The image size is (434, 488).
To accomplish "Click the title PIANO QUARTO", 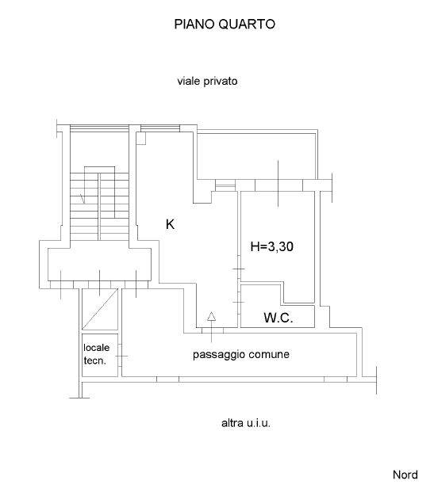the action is pyautogui.click(x=225, y=25).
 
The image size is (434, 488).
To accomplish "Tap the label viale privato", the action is pyautogui.click(x=207, y=82).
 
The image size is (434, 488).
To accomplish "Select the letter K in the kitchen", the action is pyautogui.click(x=171, y=224).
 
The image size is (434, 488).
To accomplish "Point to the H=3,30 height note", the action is pyautogui.click(x=272, y=247).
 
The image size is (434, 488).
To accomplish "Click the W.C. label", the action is pyautogui.click(x=278, y=318).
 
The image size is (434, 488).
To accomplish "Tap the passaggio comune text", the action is pyautogui.click(x=241, y=354).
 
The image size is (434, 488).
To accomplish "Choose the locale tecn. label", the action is pyautogui.click(x=96, y=354).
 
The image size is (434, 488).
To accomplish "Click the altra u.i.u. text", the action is pyautogui.click(x=246, y=423).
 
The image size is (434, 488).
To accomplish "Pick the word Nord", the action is pyautogui.click(x=405, y=475).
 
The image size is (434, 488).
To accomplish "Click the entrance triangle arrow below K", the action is pyautogui.click(x=211, y=316).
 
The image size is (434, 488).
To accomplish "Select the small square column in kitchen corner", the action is pyautogui.click(x=141, y=139).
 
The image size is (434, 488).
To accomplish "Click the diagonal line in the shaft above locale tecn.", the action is pyautogui.click(x=100, y=308).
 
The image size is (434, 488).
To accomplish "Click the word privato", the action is pyautogui.click(x=221, y=82).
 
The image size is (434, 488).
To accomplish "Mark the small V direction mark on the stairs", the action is pyautogui.click(x=83, y=199).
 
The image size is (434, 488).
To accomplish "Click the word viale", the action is pyautogui.click(x=189, y=82).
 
